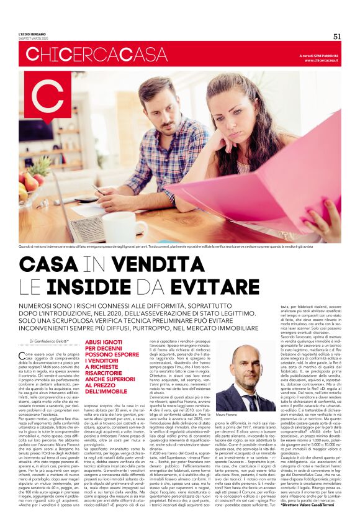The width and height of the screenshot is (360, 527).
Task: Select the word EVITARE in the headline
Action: [x=206, y=286]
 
